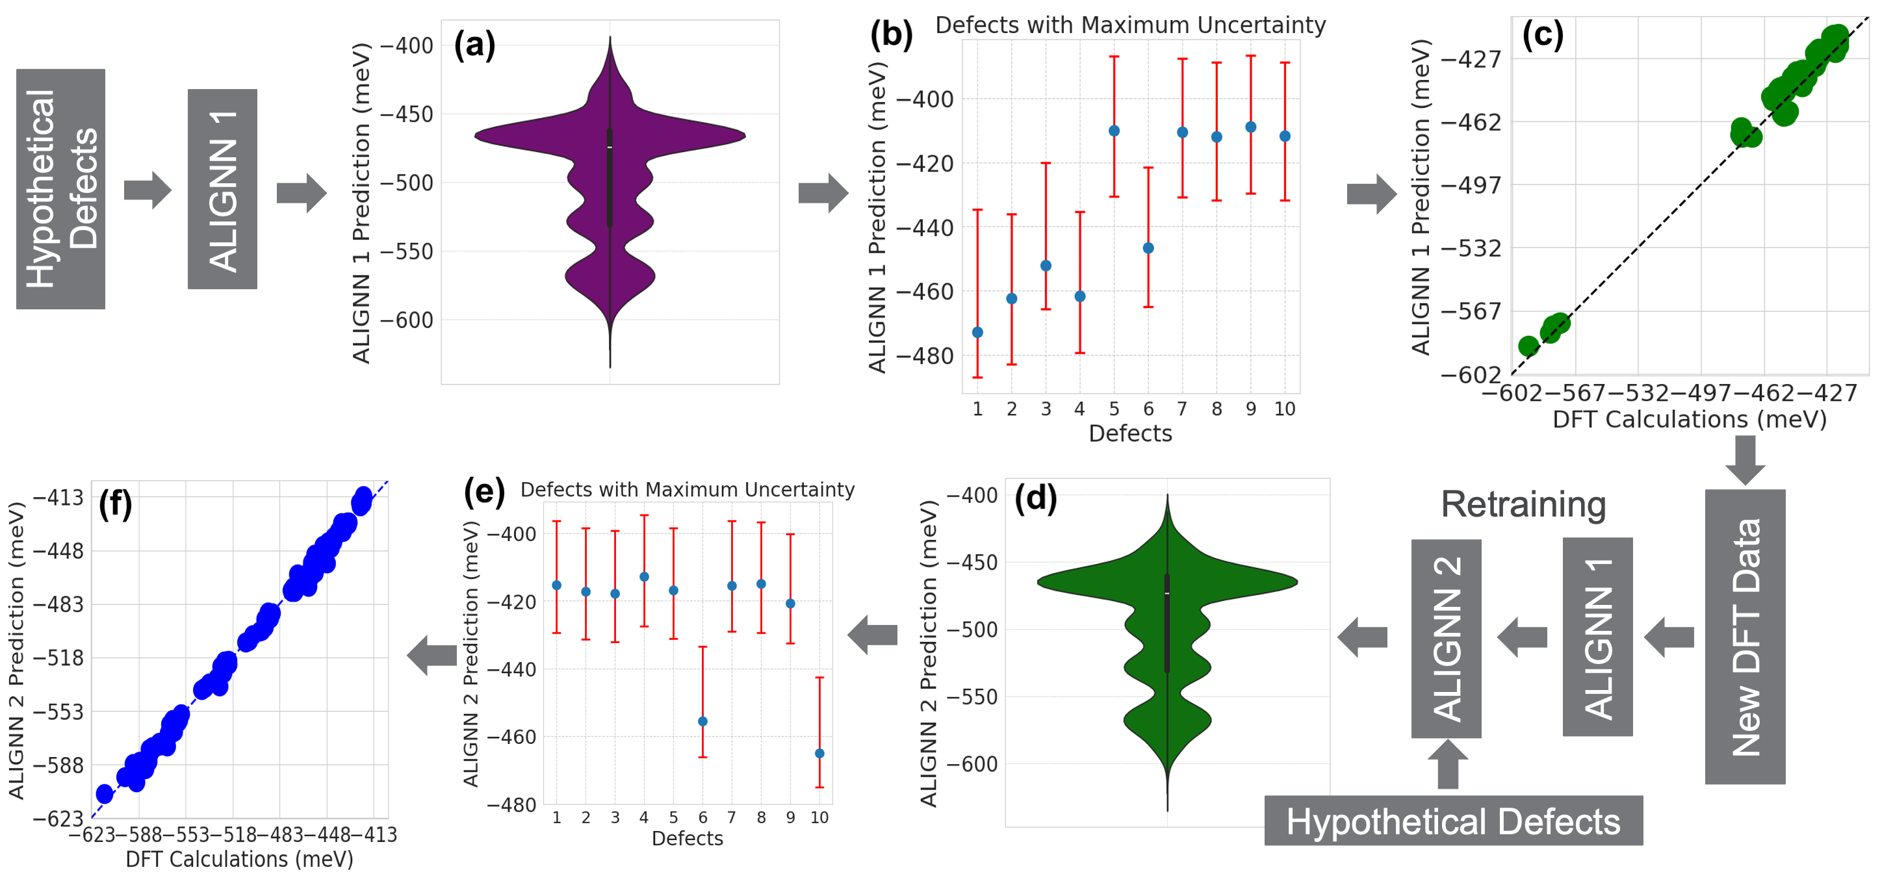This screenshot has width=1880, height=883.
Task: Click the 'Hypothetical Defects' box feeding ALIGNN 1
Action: click(60, 188)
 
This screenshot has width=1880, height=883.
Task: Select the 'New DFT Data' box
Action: click(1744, 636)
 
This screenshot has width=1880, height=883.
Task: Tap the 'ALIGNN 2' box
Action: click(1446, 639)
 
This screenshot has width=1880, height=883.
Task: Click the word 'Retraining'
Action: click(1523, 504)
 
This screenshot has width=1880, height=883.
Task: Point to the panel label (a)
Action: click(474, 45)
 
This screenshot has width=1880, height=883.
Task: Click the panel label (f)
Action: click(115, 504)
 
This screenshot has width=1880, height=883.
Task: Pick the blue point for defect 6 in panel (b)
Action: click(1148, 248)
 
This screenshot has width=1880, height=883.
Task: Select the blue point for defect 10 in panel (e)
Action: click(819, 753)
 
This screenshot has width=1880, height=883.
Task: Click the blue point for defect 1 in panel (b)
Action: click(978, 333)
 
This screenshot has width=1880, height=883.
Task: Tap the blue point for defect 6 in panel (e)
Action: click(703, 721)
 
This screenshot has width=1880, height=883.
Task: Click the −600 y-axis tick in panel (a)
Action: click(407, 320)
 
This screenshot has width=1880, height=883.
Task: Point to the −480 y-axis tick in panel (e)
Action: click(511, 804)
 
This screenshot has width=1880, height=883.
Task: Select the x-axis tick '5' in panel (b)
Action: click(1114, 409)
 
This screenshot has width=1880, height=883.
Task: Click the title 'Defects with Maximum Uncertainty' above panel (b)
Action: click(1129, 25)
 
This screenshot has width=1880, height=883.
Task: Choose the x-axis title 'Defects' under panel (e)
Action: click(687, 838)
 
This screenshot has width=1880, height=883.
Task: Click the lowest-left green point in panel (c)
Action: click(1528, 345)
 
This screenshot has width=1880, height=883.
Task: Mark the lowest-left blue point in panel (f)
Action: click(105, 793)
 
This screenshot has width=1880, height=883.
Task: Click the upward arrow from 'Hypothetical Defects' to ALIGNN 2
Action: click(1447, 763)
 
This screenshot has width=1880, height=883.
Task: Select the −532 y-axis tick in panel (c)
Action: click(1471, 248)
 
